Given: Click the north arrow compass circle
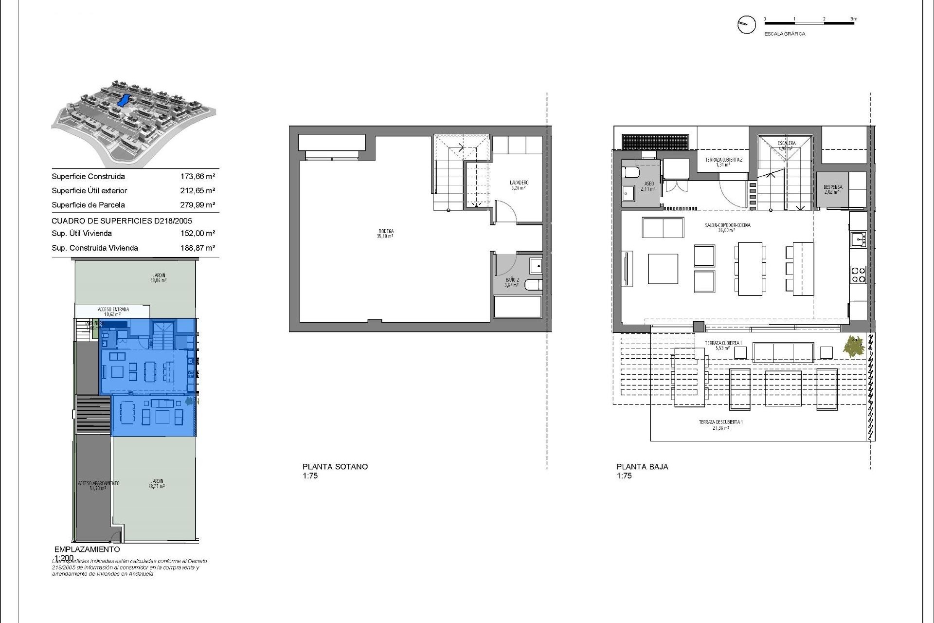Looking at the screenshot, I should pyautogui.click(x=746, y=24).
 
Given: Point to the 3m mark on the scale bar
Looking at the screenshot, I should pyautogui.click(x=853, y=19).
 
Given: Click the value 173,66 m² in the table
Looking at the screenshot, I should pyautogui.click(x=198, y=177).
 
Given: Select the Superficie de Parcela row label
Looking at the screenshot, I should pyautogui.click(x=88, y=205).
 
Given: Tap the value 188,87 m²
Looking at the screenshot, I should pyautogui.click(x=198, y=248).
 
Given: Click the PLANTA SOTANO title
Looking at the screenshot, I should pyautogui.click(x=335, y=466).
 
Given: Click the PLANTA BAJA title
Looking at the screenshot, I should pyautogui.click(x=642, y=466).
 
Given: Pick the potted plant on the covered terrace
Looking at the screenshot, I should pyautogui.click(x=854, y=347).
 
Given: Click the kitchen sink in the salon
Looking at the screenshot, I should pyautogui.click(x=858, y=239).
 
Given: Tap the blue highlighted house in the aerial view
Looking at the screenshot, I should pyautogui.click(x=124, y=101).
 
